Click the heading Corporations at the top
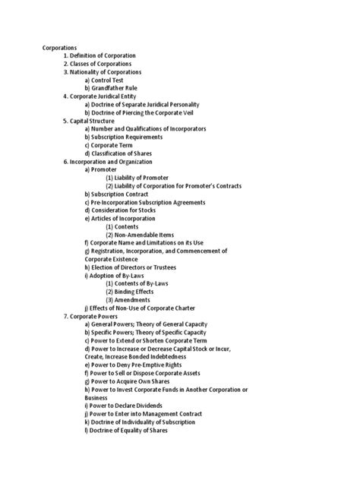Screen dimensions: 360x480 [62, 48]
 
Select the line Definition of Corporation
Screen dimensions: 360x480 [99, 56]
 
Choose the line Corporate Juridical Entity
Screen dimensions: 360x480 [104, 96]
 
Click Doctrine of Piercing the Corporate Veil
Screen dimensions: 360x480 [149, 112]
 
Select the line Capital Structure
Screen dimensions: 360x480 [90, 121]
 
